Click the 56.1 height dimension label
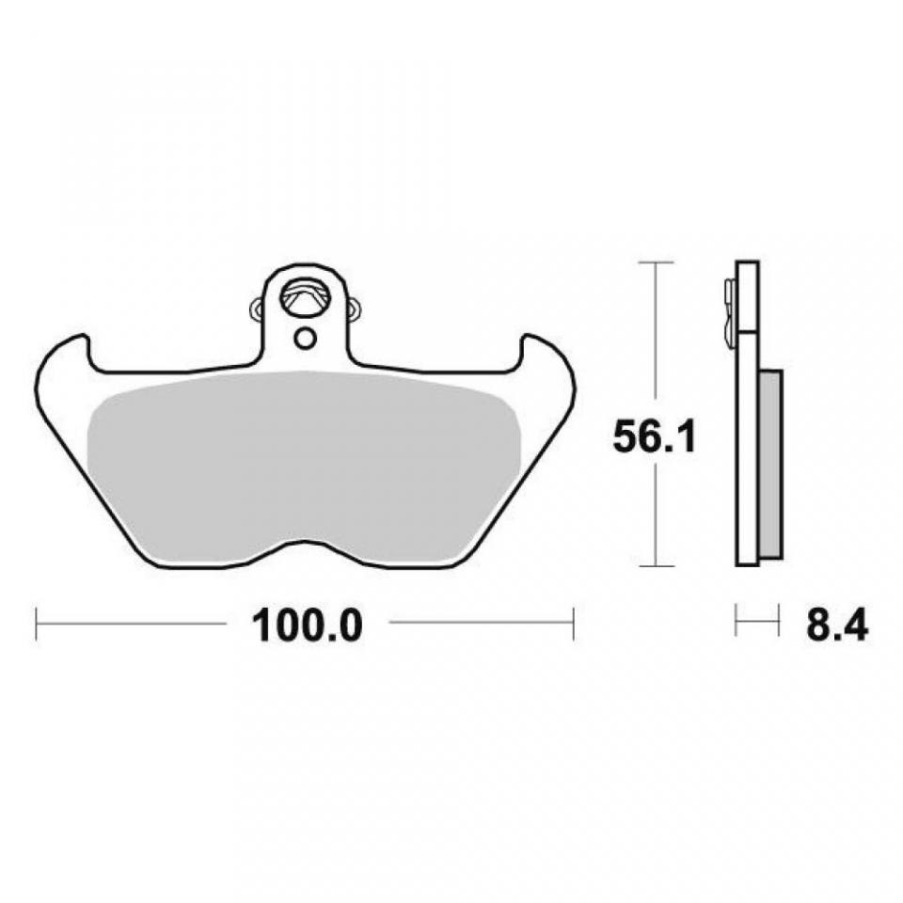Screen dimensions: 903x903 coord(655,436)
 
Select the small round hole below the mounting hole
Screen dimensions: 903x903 coord(304,338)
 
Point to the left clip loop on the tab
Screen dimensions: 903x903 coord(257,309)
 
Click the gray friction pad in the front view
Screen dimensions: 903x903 coord(304,467)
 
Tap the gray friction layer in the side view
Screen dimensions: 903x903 coord(771,464)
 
